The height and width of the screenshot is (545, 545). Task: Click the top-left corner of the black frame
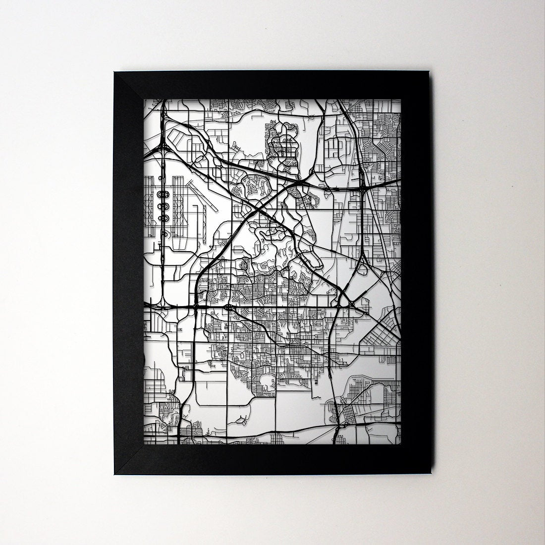tap(115, 73)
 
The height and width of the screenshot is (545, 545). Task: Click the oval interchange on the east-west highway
tap(230, 309)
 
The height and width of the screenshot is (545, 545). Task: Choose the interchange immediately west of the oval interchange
tap(197, 308)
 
